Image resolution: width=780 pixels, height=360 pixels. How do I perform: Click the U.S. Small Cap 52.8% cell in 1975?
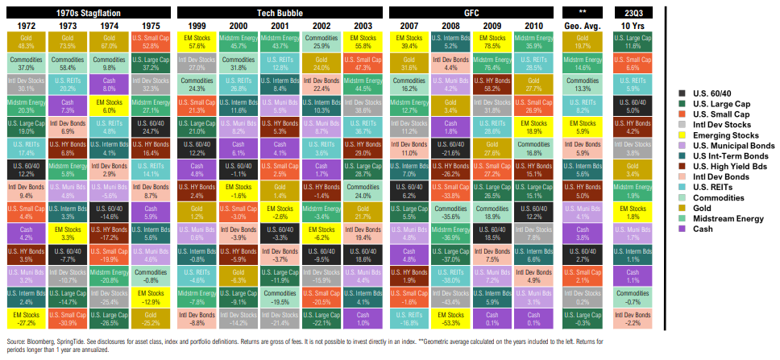pos(151,42)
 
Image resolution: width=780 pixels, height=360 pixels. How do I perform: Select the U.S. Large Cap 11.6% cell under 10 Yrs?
pos(632,42)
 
